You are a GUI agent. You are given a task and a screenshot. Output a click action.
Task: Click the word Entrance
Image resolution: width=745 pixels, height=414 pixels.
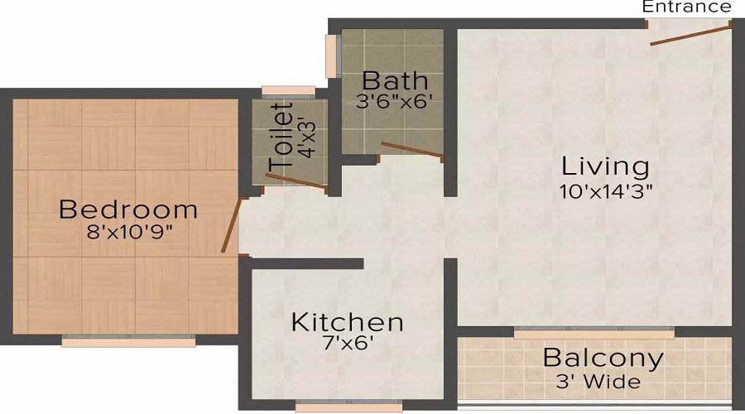687,7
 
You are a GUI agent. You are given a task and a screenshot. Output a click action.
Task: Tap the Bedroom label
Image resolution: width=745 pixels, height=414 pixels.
128,209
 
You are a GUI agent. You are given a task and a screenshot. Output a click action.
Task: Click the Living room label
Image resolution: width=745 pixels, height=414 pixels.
604,165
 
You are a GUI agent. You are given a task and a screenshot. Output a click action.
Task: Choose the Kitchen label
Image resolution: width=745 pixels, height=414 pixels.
347,321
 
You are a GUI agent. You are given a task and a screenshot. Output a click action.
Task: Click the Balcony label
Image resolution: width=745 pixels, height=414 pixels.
603,359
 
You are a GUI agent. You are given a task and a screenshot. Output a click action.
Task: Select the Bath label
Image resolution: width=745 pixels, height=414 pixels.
396,81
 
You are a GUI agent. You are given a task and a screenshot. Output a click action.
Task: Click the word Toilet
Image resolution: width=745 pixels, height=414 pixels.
281,137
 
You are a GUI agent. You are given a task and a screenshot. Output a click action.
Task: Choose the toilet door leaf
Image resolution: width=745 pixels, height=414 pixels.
300,184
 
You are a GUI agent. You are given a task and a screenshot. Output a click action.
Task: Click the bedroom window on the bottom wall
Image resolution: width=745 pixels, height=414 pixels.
128,339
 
